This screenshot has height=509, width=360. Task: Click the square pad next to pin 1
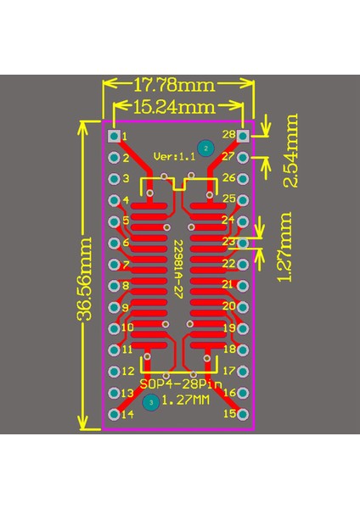click(x=114, y=135)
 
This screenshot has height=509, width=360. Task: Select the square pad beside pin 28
click(x=243, y=135)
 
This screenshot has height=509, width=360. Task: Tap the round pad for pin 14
click(x=114, y=414)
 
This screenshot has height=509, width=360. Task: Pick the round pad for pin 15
click(x=243, y=414)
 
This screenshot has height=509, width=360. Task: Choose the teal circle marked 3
click(x=150, y=403)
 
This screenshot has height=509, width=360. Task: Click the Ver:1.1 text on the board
click(x=174, y=156)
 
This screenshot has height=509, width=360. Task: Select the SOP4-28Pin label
click(x=178, y=386)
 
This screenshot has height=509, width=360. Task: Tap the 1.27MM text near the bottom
click(x=185, y=400)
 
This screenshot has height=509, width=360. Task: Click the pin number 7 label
click(x=126, y=264)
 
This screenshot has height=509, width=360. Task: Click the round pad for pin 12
click(x=114, y=371)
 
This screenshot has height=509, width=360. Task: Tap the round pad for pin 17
click(x=243, y=371)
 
